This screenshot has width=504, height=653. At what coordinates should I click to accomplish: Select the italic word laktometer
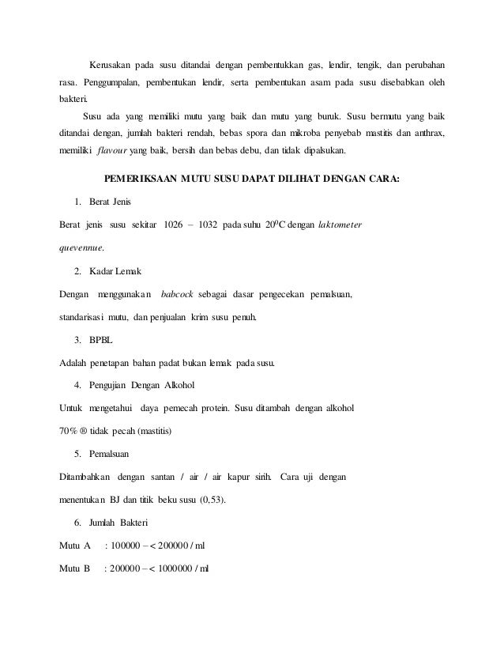point(340,225)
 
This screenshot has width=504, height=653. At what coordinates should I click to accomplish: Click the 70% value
point(70,432)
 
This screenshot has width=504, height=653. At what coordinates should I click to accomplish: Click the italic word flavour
point(111,154)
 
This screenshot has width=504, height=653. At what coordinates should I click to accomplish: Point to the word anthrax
point(425,132)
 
